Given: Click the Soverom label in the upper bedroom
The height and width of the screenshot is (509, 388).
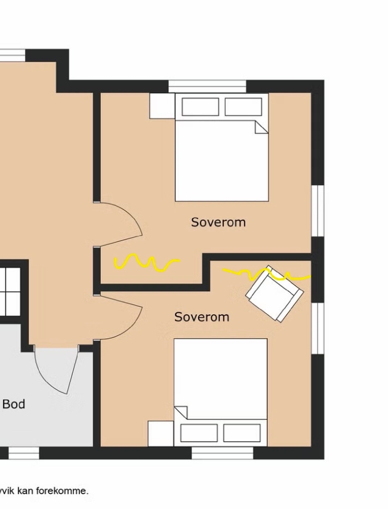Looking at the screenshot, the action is click(218, 222).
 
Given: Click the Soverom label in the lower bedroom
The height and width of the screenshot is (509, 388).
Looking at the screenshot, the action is click(202, 317).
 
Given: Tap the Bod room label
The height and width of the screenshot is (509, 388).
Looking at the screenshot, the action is click(14, 404).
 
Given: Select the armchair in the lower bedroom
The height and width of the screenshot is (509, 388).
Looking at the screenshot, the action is click(275, 294).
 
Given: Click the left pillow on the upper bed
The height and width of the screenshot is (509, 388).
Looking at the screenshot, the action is click(200, 106).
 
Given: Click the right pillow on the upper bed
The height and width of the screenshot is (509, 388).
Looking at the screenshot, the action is click(244, 106).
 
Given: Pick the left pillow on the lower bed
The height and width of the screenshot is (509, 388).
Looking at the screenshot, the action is click(199, 433).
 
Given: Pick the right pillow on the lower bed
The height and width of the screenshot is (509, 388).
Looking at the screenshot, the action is click(242, 433).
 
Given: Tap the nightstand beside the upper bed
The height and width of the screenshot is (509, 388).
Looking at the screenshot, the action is click(162, 106).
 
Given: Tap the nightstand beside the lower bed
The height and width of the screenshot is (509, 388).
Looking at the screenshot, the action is click(161, 434).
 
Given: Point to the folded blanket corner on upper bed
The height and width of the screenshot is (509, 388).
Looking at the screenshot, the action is click(261, 127).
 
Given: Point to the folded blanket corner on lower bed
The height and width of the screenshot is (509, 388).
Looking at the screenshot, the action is click(181, 412).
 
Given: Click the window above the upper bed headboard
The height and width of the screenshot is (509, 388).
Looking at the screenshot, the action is click(207, 87).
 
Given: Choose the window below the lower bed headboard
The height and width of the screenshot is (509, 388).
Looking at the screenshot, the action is click(223, 453).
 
